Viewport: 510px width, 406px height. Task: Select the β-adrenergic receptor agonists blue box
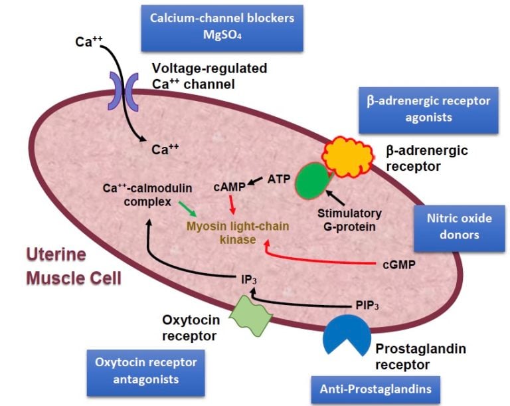pos(428,109)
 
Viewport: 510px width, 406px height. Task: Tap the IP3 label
pos(248,280)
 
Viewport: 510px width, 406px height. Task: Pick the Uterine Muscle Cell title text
pos(74,266)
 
